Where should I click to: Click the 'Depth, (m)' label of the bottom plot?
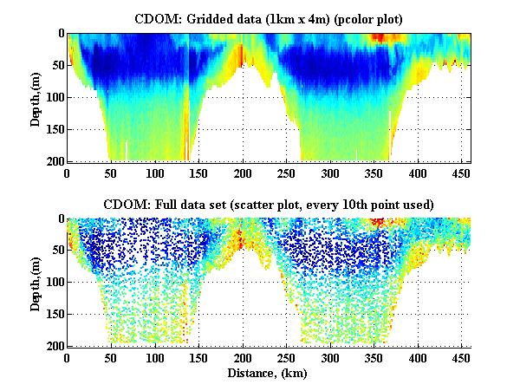point(36,282)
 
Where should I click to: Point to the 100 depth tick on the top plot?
point(55,97)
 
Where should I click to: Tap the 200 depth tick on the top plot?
point(55,161)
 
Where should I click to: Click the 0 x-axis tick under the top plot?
point(67,173)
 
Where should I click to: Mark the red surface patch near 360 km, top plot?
point(379,38)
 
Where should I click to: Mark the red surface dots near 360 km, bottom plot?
point(379,223)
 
